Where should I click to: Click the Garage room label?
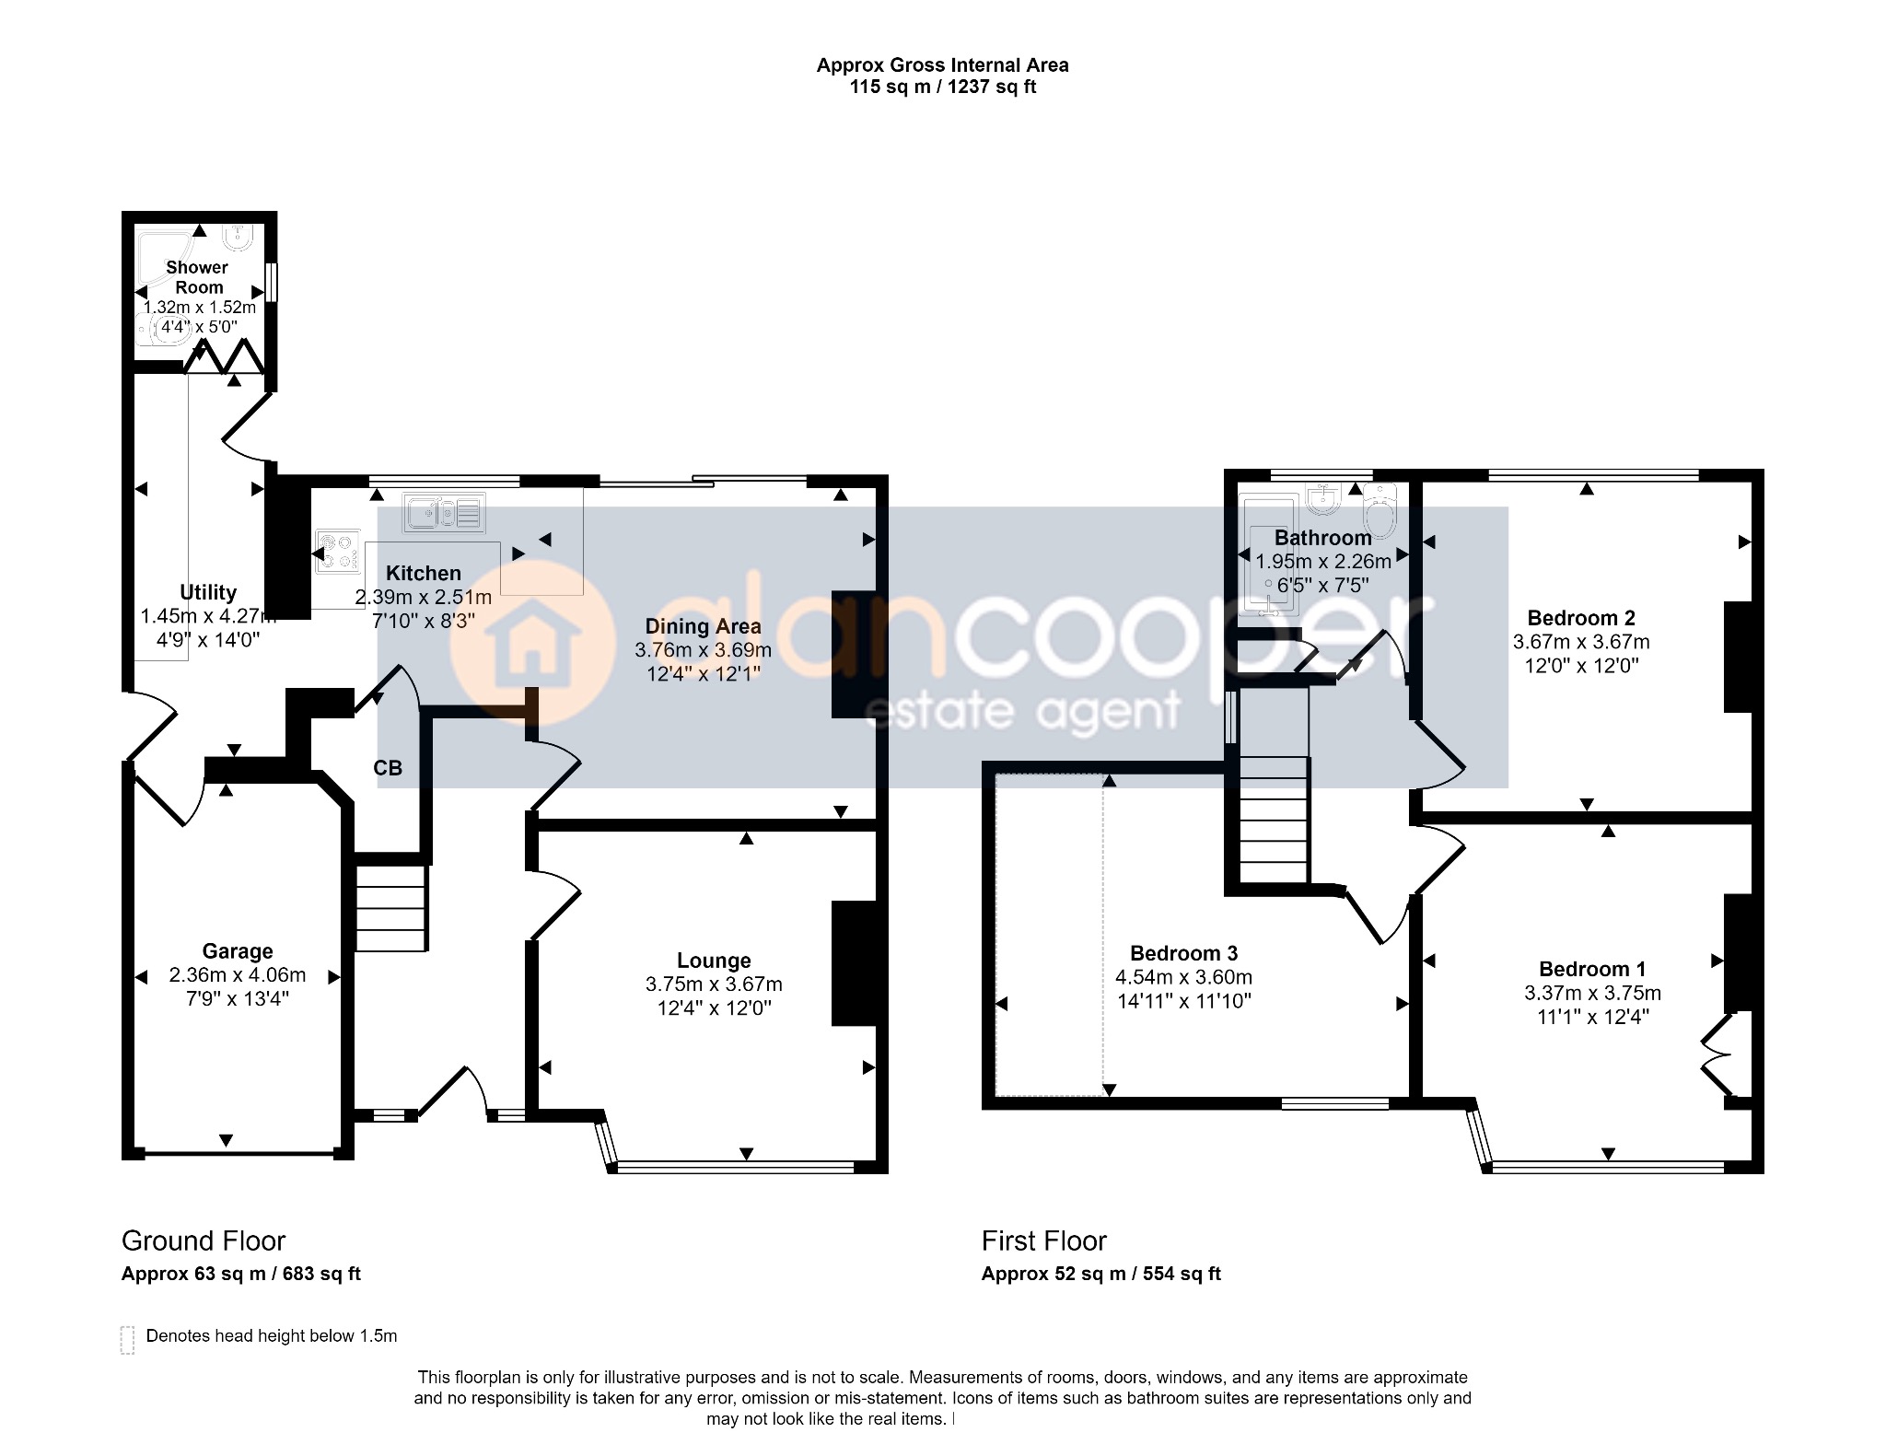point(238,951)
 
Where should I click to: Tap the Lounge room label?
point(714,961)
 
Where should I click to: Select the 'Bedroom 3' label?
point(1183,953)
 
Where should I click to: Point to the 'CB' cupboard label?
point(388,768)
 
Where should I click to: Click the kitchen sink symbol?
point(444,513)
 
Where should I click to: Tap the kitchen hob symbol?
point(338,552)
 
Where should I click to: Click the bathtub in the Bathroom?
point(1269,555)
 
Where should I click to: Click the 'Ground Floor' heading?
point(204,1241)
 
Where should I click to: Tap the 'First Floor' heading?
point(1043,1241)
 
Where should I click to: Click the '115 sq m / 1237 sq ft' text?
point(943,87)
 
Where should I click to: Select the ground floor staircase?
point(391,903)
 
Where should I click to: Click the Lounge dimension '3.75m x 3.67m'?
point(714,984)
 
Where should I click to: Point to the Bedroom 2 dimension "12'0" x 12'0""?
point(1581,666)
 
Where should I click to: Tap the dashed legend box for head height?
point(127,1340)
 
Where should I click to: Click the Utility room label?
point(208,592)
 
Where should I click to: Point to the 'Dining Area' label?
point(704,627)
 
